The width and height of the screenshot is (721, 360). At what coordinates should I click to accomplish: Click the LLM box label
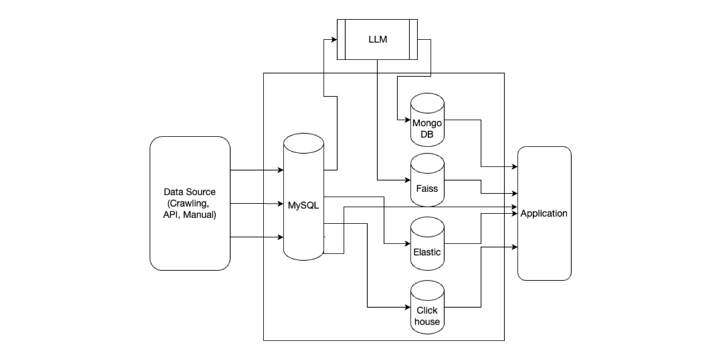pyautogui.click(x=377, y=39)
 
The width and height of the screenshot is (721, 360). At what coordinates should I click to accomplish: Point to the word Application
pyautogui.click(x=544, y=213)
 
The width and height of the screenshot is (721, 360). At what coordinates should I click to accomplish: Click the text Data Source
pyautogui.click(x=189, y=192)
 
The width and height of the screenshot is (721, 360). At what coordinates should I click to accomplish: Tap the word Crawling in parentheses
pyautogui.click(x=192, y=203)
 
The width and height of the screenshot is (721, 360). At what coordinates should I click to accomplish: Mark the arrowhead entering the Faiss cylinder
pyautogui.click(x=407, y=181)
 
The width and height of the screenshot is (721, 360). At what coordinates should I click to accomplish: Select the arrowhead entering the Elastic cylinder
pyautogui.click(x=407, y=245)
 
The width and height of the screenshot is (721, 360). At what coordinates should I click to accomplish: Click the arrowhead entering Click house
pyautogui.click(x=407, y=308)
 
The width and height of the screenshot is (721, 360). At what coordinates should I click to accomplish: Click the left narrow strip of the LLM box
pyautogui.click(x=340, y=39)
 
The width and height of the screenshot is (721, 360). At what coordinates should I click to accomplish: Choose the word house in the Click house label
pyautogui.click(x=427, y=322)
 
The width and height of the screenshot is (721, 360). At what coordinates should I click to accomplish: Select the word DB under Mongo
pyautogui.click(x=427, y=134)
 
